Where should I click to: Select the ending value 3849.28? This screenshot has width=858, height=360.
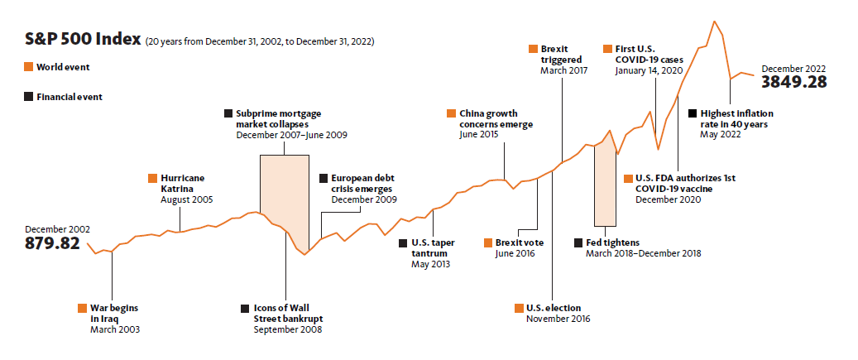click(795, 82)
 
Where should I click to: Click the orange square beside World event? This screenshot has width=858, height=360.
click(29, 67)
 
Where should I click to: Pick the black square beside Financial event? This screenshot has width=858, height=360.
click(29, 96)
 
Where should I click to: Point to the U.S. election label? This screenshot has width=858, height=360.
click(553, 309)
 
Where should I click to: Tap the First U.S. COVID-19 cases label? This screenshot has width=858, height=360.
click(647, 55)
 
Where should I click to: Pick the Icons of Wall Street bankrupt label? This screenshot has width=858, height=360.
click(289, 313)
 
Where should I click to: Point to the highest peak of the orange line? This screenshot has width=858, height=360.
click(714, 21)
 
